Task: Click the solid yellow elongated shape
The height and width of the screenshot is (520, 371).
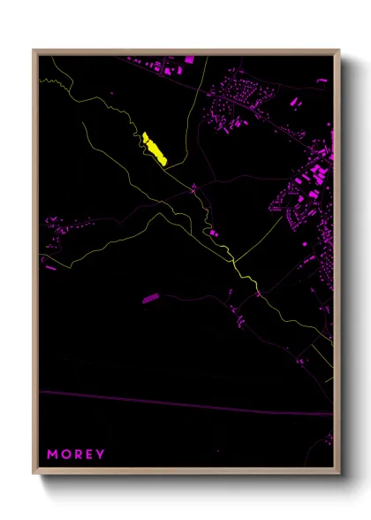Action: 155,149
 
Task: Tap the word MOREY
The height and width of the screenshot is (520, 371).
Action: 76,455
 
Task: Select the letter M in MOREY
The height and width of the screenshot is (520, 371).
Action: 52,455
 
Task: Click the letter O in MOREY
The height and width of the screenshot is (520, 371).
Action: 64,455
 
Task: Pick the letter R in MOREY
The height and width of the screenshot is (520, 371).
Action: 77,455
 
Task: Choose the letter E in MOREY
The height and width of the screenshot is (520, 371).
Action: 88,455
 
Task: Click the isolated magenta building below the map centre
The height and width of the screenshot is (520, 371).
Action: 149,299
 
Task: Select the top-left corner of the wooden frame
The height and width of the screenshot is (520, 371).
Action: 34,50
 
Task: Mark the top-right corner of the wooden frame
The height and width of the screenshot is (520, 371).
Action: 339,50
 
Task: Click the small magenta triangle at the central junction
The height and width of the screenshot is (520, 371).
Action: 193,188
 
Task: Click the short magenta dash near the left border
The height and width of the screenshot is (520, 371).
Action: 50,267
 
